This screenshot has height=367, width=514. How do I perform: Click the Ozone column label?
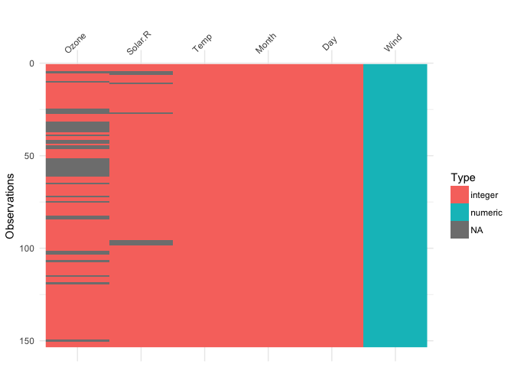pyautogui.click(x=76, y=44)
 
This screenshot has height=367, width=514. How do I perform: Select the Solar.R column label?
pyautogui.click(x=138, y=44)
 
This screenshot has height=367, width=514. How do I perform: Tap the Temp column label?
pyautogui.click(x=202, y=44)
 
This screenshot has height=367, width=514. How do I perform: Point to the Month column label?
pyautogui.click(x=265, y=44)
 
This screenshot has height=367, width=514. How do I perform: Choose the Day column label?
pyautogui.click(x=330, y=44)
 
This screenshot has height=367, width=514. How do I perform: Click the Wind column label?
pyautogui.click(x=393, y=44)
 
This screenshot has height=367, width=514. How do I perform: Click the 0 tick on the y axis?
pyautogui.click(x=31, y=63)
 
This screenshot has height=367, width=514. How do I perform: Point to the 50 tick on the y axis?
pyautogui.click(x=29, y=156)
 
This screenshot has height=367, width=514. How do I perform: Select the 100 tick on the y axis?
pyautogui.click(x=27, y=248)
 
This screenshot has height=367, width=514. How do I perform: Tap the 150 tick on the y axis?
pyautogui.click(x=27, y=341)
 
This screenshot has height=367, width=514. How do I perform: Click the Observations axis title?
pyautogui.click(x=11, y=206)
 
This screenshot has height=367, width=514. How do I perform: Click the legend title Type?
pyautogui.click(x=458, y=177)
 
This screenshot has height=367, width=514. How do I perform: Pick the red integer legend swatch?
pyautogui.click(x=459, y=195)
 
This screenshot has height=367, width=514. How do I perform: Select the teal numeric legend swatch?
pyautogui.click(x=459, y=212)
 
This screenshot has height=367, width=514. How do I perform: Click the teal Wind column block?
pyautogui.click(x=395, y=205)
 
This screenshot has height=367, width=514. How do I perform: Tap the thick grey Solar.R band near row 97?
pyautogui.click(x=141, y=242)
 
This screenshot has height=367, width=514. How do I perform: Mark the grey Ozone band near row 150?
pyautogui.click(x=77, y=340)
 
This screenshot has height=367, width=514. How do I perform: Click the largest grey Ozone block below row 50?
pyautogui.click(x=77, y=167)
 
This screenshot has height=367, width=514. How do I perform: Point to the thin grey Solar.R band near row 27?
pyautogui.click(x=141, y=113)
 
